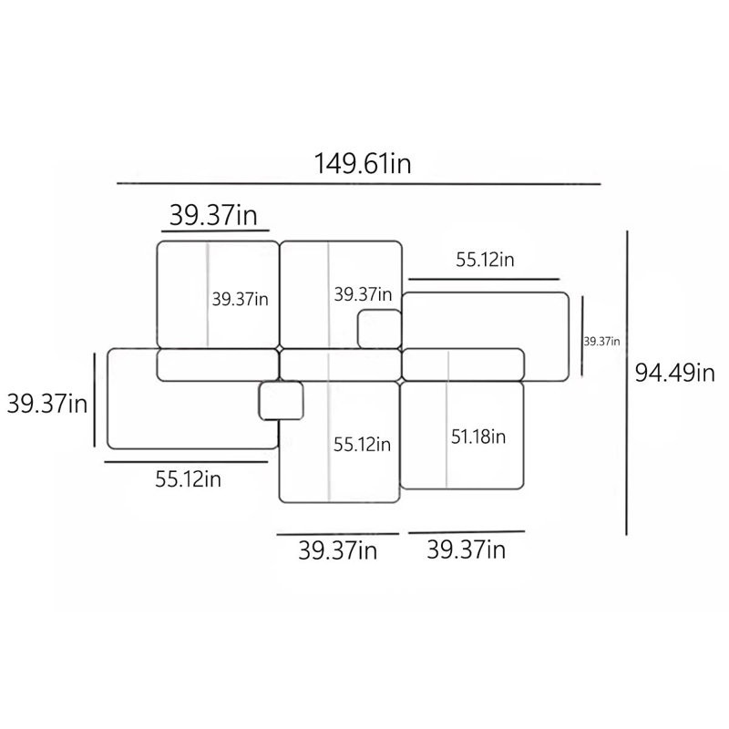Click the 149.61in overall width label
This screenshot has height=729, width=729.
(363, 164)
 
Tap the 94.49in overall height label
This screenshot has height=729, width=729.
(674, 373)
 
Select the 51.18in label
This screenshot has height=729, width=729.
(478, 436)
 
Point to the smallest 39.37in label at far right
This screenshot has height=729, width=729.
(601, 341)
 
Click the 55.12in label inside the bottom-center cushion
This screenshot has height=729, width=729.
(362, 445)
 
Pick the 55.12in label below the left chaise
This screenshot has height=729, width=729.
(188, 479)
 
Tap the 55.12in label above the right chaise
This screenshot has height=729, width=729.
(485, 260)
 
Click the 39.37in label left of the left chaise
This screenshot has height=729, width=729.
(47, 403)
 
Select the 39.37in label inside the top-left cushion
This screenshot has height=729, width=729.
(241, 299)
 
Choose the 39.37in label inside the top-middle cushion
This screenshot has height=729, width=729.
(363, 293)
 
